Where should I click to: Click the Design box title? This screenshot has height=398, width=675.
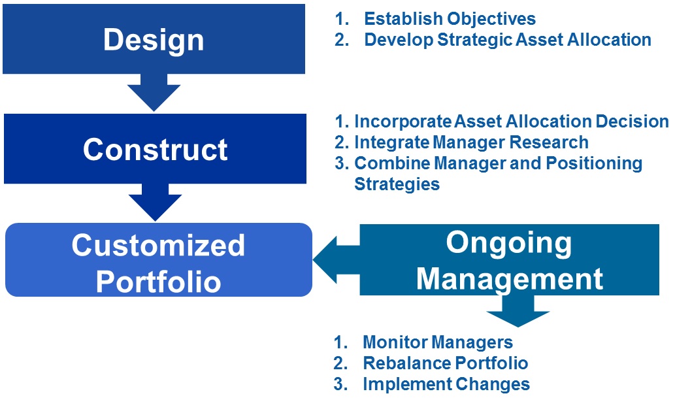(x=154, y=40)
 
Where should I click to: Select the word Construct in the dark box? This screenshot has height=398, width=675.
(x=156, y=150)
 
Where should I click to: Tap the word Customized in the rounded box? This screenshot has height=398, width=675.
(x=158, y=246)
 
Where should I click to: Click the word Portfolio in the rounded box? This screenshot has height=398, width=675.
(x=158, y=281)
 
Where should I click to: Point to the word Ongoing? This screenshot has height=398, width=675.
(x=508, y=243)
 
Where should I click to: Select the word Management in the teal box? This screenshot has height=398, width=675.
(x=510, y=278)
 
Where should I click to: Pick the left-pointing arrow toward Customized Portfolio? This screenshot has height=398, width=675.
(x=335, y=260)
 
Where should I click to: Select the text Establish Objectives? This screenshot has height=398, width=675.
(x=450, y=19)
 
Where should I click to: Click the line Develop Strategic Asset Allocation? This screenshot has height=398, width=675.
(x=507, y=39)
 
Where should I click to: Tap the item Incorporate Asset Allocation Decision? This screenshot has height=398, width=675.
(x=511, y=122)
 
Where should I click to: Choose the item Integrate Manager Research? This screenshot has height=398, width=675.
(x=470, y=142)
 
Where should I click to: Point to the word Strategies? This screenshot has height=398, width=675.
(x=397, y=184)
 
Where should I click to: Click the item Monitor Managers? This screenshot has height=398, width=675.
(x=437, y=342)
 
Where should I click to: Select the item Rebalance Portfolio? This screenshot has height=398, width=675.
(x=445, y=363)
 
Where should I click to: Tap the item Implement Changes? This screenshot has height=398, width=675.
(x=446, y=384)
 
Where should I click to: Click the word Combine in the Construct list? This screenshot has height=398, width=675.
(x=386, y=163)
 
